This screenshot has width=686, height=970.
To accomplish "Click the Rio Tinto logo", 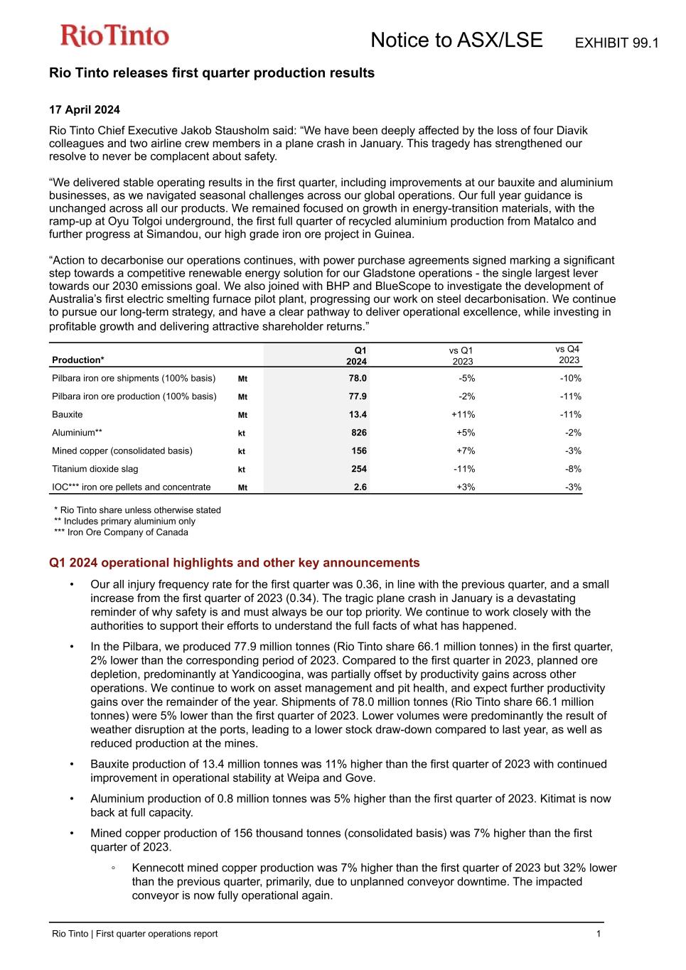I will click(x=114, y=36).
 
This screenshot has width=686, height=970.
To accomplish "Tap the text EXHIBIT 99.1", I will click(x=616, y=43).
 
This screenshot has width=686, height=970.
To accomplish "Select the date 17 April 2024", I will click(x=84, y=109).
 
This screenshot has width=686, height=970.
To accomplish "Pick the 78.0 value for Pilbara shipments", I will click(x=358, y=379).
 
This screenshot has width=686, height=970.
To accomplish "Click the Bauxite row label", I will click(x=68, y=415).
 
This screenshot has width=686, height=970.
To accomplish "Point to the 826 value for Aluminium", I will click(x=359, y=433).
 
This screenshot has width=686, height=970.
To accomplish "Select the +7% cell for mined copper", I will click(x=467, y=451).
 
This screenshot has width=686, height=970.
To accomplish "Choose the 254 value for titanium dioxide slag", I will click(x=359, y=469).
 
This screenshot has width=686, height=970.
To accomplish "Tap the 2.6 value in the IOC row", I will click(x=360, y=487).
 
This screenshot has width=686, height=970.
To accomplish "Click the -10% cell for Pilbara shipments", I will click(x=571, y=379).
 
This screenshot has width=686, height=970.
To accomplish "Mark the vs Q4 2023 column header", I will click(x=568, y=355).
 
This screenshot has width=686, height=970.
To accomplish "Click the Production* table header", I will click(x=78, y=360).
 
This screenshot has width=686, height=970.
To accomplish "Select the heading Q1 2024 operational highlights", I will click(x=234, y=563).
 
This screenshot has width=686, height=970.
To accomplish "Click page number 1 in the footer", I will click(x=599, y=934).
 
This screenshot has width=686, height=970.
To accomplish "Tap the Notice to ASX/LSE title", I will click(x=456, y=41).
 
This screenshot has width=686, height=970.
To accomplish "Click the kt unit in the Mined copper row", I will click(x=242, y=451).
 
